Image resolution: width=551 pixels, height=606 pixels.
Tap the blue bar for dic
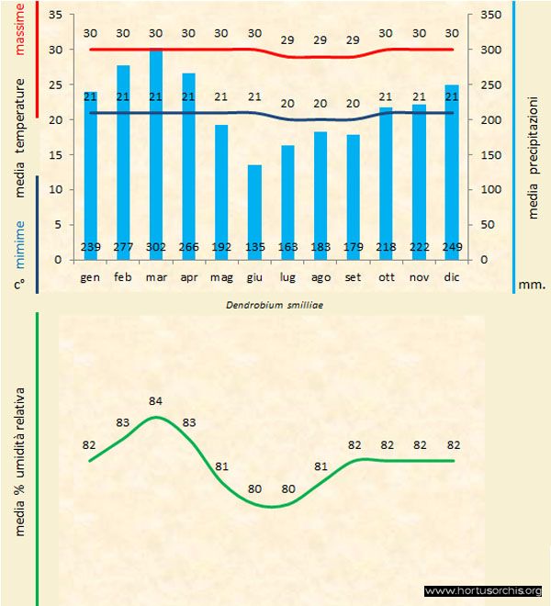452,165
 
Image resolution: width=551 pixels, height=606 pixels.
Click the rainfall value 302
156,247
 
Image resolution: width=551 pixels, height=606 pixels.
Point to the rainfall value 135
254,247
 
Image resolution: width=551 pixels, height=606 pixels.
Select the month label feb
123,276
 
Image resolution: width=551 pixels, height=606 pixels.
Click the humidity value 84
156,401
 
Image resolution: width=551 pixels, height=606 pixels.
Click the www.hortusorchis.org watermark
483,590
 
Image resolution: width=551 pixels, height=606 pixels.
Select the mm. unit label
532,284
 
